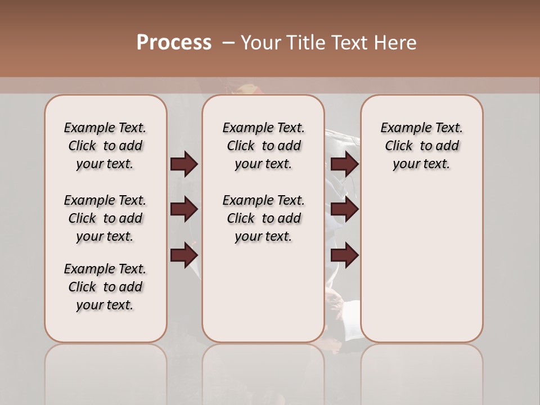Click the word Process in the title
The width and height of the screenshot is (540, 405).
point(174,43)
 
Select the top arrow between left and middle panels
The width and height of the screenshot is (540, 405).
point(184,164)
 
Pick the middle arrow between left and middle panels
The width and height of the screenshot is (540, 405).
point(184,209)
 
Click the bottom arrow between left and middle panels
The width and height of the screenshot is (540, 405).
point(184,255)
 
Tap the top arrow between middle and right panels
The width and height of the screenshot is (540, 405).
point(344,164)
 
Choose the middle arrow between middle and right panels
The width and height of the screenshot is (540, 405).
point(344,209)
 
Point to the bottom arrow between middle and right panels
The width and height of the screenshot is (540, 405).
point(344,255)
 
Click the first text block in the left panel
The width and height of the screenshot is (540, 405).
point(105,146)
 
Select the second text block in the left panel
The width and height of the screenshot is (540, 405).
point(105,218)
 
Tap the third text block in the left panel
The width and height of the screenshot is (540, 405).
point(105,287)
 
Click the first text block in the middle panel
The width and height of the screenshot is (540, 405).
point(263,146)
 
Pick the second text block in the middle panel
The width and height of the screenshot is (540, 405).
point(263,218)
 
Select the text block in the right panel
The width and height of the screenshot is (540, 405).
point(421,146)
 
